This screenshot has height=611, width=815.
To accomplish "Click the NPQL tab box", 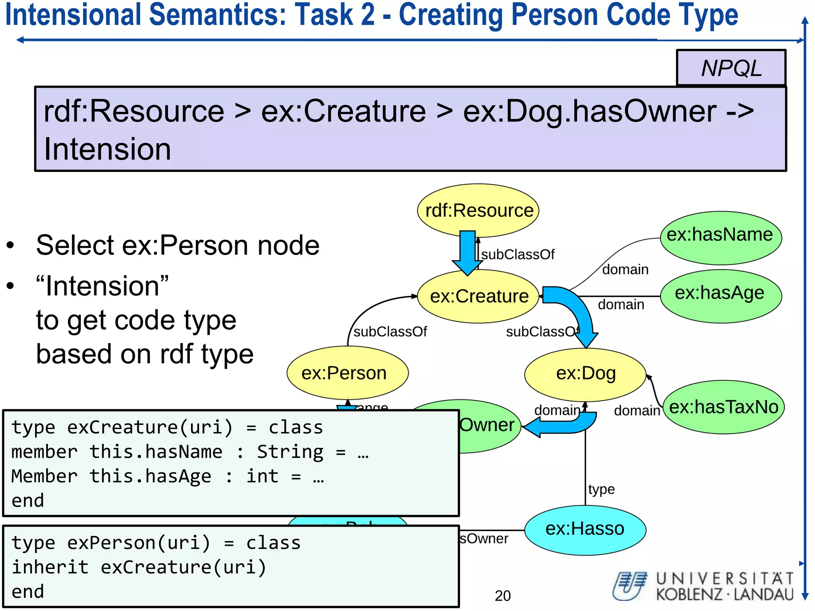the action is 731,68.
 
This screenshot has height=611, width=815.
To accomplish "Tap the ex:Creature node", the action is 478,296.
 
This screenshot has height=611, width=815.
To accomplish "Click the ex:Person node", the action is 347,373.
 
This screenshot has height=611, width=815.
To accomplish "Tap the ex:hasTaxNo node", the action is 723,407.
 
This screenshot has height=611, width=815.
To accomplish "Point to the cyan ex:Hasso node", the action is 585,529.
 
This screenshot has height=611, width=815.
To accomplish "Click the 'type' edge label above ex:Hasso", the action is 601,489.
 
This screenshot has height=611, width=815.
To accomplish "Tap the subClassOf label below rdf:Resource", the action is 518,255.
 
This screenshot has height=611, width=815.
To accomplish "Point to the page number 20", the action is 503,595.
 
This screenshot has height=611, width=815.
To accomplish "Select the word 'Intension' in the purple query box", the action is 107,149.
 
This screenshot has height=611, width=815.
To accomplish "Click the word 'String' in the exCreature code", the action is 290,452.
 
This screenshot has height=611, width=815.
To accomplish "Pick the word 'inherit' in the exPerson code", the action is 50,567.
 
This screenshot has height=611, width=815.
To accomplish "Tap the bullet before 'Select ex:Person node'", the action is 10,245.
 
